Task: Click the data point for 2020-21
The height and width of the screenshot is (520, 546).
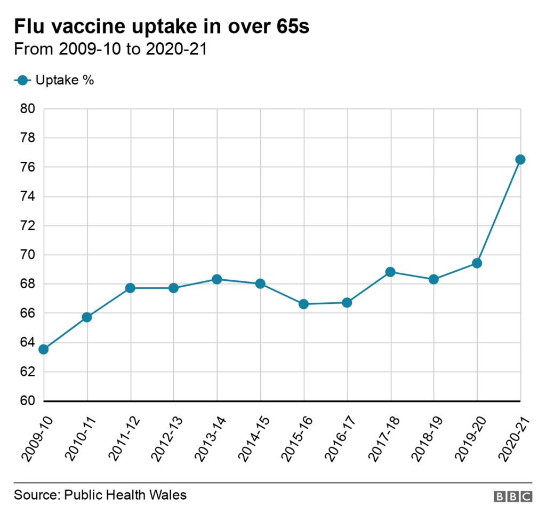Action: (x=520, y=160)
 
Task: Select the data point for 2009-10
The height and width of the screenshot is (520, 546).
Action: (x=44, y=349)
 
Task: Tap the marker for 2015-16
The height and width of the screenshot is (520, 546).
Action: (x=304, y=304)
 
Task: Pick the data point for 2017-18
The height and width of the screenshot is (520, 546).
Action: (x=391, y=272)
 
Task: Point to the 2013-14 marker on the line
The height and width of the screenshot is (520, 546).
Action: (x=217, y=279)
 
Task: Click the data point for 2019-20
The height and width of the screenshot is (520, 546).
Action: (x=477, y=263)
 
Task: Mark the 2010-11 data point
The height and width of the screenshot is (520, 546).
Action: (x=87, y=317)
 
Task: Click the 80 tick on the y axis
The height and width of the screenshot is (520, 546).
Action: (x=28, y=109)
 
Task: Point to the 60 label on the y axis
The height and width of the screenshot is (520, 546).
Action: (x=28, y=401)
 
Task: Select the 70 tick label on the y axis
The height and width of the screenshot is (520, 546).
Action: (x=28, y=255)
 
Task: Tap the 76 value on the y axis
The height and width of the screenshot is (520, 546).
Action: (x=28, y=168)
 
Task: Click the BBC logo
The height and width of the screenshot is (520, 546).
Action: (x=512, y=497)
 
